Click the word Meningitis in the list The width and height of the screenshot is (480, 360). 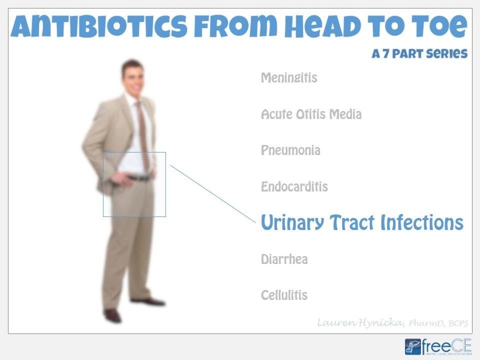289,78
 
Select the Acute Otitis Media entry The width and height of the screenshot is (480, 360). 311,114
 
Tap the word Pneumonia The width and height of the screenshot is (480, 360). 290,150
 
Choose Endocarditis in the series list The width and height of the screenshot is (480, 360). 294,187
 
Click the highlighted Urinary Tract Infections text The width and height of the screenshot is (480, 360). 362,223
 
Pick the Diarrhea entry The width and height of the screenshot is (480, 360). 284,259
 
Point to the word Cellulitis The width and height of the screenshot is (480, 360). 284,295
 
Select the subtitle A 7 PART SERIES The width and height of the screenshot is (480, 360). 419,53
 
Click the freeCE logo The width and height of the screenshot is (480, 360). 438,346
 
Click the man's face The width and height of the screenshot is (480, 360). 133,78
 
